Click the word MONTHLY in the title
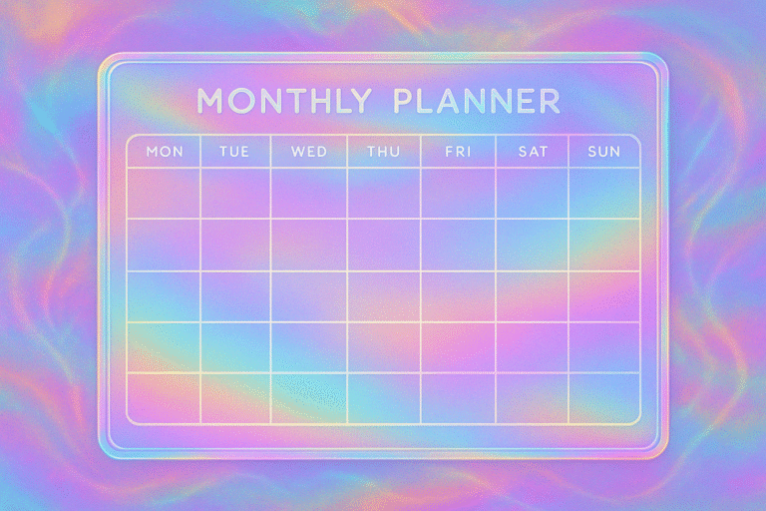284,101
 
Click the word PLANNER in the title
477,101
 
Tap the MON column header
165,152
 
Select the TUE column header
234,152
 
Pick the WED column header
309,152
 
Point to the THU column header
383,152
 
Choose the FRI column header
458,152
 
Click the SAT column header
533,152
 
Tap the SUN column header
603,152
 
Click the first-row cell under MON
164,194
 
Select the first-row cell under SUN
604,194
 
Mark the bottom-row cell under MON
164,398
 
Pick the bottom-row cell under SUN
604,398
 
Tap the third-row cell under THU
384,296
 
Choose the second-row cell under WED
309,245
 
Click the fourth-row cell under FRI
458,347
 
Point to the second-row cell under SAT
532,245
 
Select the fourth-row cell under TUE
235,347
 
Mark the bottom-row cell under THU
384,398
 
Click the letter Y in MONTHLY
361,101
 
